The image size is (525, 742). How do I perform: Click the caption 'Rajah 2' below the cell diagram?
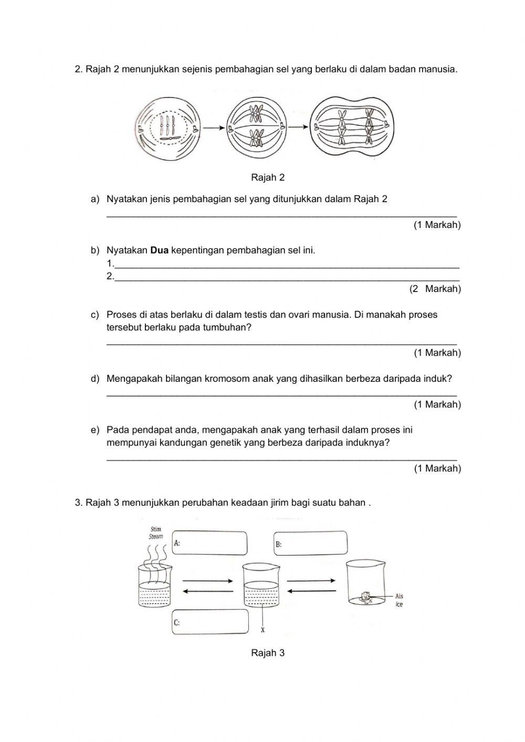pos(268,177)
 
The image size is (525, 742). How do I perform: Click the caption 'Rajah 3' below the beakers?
pos(268,653)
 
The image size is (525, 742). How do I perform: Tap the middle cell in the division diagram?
pos(256,128)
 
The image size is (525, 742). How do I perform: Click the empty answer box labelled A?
pos(209,544)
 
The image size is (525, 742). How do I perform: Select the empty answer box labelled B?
pos(310,543)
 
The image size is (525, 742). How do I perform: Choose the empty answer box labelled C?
pos(210,622)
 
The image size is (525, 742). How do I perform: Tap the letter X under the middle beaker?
pos(262,630)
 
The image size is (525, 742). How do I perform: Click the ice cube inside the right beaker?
pos(365,597)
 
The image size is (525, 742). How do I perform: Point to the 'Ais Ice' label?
pos(399,600)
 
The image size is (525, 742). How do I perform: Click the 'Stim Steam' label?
pos(156,533)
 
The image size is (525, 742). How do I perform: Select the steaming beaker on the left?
pos(156,586)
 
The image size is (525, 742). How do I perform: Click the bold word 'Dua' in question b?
pos(159,250)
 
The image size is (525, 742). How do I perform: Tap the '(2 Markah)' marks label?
pos(435,289)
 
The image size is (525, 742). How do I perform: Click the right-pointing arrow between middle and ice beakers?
pos(311,581)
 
